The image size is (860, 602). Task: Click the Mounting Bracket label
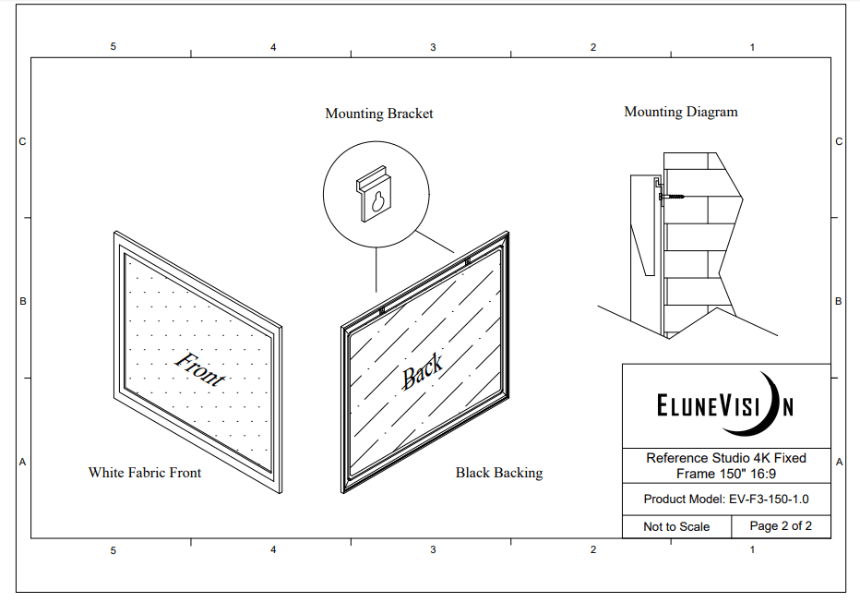pos(378,114)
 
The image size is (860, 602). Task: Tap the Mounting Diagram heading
pos(681,112)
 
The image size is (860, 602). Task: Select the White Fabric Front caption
pos(145,473)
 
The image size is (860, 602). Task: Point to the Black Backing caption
pos(499,473)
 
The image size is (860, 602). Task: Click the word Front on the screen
pos(199,368)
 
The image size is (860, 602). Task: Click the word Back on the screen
pos(423,371)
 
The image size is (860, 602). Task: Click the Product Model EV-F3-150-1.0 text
pos(725,500)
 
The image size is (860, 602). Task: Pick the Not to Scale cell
pos(676,526)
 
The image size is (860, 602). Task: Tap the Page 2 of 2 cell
pos(781,526)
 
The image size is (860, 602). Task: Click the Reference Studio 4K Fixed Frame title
pos(725,465)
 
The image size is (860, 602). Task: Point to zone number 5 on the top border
pos(113,47)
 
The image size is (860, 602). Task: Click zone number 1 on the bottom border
pos(752,550)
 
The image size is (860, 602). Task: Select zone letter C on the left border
pos(22,142)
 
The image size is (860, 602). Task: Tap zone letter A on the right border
pos(839,462)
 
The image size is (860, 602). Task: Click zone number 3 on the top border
pos(433,47)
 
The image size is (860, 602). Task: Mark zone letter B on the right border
pos(839,301)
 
